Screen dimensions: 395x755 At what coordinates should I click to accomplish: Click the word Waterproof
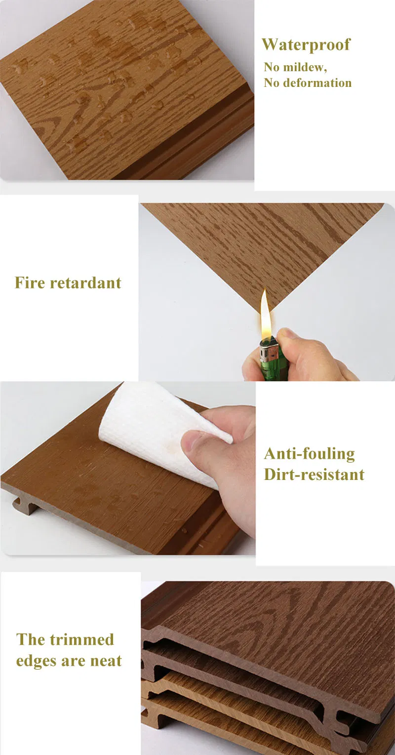[306, 45]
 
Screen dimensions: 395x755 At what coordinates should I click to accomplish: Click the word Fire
[30, 282]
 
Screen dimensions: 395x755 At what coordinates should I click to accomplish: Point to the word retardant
[85, 283]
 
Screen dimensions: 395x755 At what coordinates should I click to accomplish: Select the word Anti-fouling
[310, 454]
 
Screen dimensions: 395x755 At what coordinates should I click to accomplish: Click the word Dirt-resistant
[314, 474]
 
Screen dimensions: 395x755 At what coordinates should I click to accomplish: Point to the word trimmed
[82, 639]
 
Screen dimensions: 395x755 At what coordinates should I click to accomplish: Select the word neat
[106, 661]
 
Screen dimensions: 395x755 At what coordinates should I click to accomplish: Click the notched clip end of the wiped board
[24, 505]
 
